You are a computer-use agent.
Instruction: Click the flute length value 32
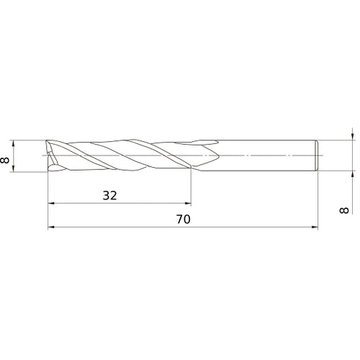(x=109, y=196)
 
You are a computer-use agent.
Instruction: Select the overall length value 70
(x=184, y=219)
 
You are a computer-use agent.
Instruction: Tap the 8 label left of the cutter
(x=5, y=160)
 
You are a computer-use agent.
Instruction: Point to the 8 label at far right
(x=344, y=210)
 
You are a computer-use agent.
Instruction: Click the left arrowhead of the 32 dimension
(x=50, y=203)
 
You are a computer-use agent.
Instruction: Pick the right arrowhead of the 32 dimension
(x=189, y=203)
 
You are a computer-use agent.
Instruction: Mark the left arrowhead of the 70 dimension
(x=50, y=227)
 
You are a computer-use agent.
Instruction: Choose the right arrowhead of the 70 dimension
(x=315, y=227)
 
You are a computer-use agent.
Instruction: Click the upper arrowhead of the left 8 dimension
(x=14, y=143)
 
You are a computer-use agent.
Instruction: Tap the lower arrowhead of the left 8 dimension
(x=14, y=169)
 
